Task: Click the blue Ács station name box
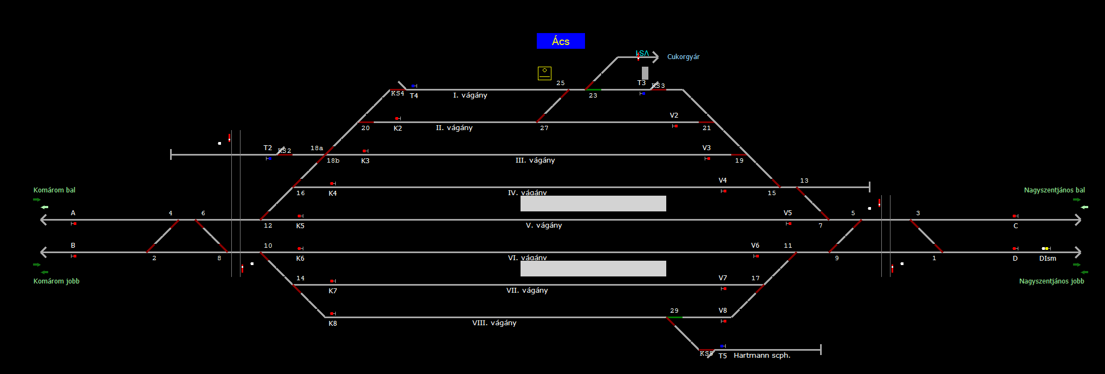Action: coord(561,41)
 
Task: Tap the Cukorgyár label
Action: coord(683,57)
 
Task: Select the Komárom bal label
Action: coord(54,190)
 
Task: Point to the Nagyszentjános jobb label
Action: coord(1051,281)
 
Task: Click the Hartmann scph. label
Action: coord(762,356)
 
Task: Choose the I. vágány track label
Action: coord(470,95)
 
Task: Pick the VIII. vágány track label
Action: coord(494,323)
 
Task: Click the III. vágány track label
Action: coord(535,160)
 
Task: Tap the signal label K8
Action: coord(333,324)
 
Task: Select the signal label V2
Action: coord(674,115)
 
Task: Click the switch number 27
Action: coord(544,128)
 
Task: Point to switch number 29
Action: coord(674,311)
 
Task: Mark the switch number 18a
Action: coord(317,148)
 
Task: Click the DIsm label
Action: coord(1048,259)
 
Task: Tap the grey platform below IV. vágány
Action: coord(593,204)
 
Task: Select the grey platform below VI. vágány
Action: coord(593,269)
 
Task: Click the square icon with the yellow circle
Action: coord(544,73)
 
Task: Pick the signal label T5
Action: coord(723,356)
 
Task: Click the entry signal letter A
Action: coord(73,213)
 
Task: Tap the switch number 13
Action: coord(804,180)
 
